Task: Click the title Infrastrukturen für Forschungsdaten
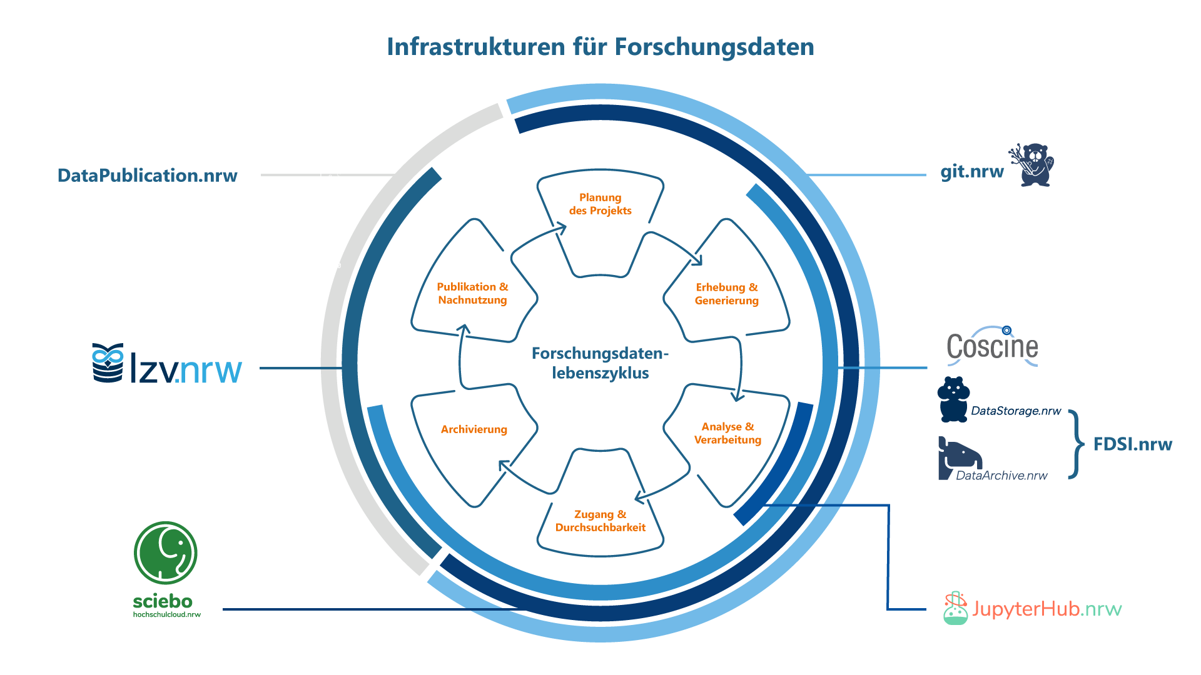600,47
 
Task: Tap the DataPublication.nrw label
148,176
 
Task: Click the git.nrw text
971,171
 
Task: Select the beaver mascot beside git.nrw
1033,165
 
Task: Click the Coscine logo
992,346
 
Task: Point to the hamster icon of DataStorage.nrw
953,399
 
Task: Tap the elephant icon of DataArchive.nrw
960,457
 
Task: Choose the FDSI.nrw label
1132,444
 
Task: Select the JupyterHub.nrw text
1046,609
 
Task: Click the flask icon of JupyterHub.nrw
955,608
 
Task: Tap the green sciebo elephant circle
166,553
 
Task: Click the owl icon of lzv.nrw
108,362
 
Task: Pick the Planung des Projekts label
600,204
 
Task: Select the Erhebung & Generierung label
727,294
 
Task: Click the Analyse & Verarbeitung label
727,433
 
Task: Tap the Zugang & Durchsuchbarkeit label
600,521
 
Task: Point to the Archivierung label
474,429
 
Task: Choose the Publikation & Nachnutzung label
473,293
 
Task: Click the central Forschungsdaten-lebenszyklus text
600,363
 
